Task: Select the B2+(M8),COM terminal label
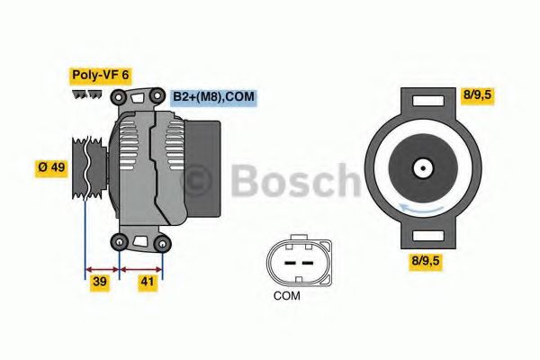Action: click(x=214, y=95)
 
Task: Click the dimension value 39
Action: click(x=101, y=283)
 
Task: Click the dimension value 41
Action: click(x=148, y=283)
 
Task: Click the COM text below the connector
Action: click(x=288, y=295)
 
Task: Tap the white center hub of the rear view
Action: click(x=422, y=167)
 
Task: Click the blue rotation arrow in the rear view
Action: click(x=422, y=210)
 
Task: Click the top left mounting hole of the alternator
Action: click(x=121, y=96)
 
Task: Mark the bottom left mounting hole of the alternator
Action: click(x=121, y=240)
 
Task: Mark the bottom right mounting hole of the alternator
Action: click(x=162, y=242)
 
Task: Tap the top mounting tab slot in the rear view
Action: click(x=422, y=100)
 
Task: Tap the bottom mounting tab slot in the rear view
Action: click(x=422, y=238)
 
